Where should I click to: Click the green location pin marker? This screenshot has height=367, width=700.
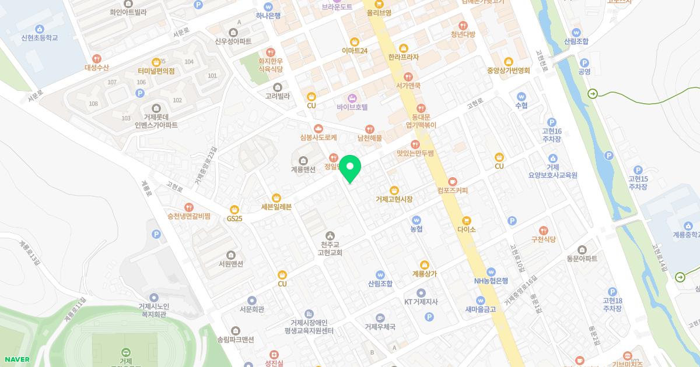(x=350, y=168)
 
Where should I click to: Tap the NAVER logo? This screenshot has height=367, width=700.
(x=15, y=359)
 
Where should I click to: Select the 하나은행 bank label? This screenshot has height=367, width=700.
(x=268, y=15)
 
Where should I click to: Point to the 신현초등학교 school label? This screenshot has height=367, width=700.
(x=40, y=37)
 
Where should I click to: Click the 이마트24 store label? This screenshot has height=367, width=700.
(x=354, y=50)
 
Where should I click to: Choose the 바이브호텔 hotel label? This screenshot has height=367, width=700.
(x=352, y=107)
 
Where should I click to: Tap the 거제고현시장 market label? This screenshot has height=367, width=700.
(x=394, y=199)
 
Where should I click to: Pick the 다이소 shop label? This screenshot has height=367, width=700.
(x=466, y=229)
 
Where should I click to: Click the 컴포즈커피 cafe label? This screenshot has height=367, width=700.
(x=453, y=190)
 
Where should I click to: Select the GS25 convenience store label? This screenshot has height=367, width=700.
(x=235, y=218)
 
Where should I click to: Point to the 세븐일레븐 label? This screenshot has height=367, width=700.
(x=276, y=206)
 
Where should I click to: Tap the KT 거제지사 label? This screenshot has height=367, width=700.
(x=421, y=301)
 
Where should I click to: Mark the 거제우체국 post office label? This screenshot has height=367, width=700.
(x=380, y=326)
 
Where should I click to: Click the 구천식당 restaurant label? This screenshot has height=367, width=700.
(x=544, y=239)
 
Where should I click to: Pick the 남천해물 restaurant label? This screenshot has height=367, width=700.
(x=369, y=138)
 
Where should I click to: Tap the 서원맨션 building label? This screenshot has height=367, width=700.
(x=231, y=263)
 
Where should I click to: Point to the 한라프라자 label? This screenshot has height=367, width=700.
(x=403, y=57)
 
